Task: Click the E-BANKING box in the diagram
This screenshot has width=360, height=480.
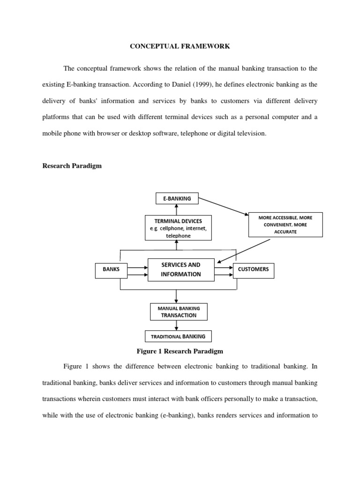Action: [x=177, y=199]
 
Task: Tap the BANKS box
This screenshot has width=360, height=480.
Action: [x=111, y=270]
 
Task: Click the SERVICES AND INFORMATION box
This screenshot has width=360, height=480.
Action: [x=180, y=270]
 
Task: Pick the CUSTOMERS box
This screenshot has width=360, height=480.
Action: [x=253, y=270]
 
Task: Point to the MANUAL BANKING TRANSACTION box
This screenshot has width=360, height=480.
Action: [x=179, y=312]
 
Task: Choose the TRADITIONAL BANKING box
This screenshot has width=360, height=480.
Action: [x=178, y=336]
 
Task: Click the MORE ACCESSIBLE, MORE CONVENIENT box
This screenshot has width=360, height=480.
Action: [x=285, y=225]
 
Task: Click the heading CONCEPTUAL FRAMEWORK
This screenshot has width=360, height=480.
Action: [x=180, y=46]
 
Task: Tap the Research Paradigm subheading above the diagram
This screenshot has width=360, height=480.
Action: [x=72, y=166]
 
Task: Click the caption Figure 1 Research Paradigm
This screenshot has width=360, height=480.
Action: [x=180, y=351]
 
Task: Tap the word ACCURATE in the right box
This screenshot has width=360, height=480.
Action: [x=285, y=232]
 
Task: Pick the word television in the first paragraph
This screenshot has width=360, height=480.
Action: [x=250, y=133]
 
